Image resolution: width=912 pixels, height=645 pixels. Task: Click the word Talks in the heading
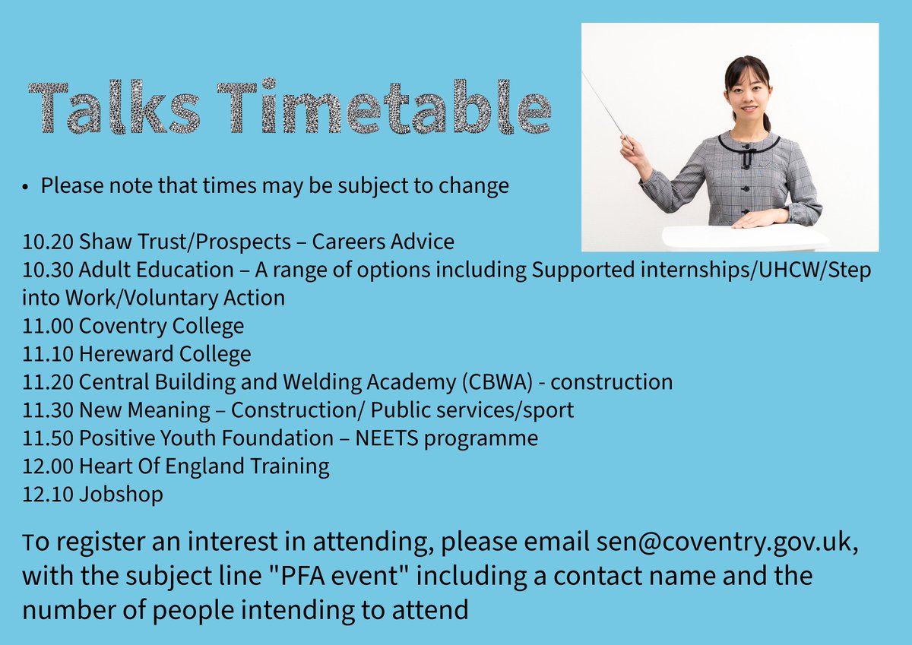click(116, 109)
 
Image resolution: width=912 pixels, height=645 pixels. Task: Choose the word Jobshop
click(121, 495)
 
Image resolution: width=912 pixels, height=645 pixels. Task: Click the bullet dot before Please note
click(26, 187)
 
